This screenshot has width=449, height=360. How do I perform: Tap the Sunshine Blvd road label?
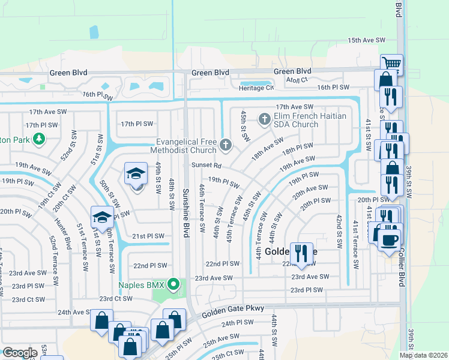tap(186, 212)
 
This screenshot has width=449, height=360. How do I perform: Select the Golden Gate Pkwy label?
tap(224, 312)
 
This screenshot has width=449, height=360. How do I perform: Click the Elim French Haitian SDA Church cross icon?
tap(264, 119)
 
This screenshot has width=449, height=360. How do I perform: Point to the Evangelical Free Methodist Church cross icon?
tap(226, 144)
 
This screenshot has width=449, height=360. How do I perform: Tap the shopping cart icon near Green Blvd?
tap(391, 63)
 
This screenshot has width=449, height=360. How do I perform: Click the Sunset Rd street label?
tap(206, 165)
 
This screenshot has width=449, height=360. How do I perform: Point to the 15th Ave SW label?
tap(366, 40)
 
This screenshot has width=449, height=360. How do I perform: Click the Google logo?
tap(20, 352)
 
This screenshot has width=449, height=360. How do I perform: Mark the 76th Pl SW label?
tap(97, 95)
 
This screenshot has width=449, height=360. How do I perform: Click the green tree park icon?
tap(39, 139)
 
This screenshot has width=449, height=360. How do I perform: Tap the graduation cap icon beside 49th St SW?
tap(136, 174)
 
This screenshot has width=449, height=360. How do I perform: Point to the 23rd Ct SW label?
tap(29, 299)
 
